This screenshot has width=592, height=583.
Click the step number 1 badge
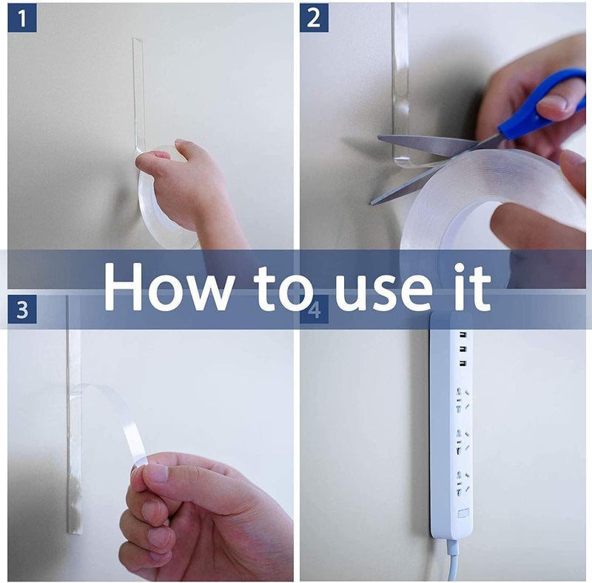click(x=22, y=18)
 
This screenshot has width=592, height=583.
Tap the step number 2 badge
click(x=314, y=18)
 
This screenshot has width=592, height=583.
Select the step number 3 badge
click(x=22, y=310)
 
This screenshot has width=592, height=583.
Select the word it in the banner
click(x=473, y=287)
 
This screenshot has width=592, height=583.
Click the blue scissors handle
click(x=543, y=103)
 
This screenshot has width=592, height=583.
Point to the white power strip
click(x=451, y=425)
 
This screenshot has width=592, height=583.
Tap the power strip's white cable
click(x=452, y=560)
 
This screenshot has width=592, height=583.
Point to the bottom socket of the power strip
click(x=462, y=484)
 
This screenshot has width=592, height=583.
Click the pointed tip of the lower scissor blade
click(x=371, y=203)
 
